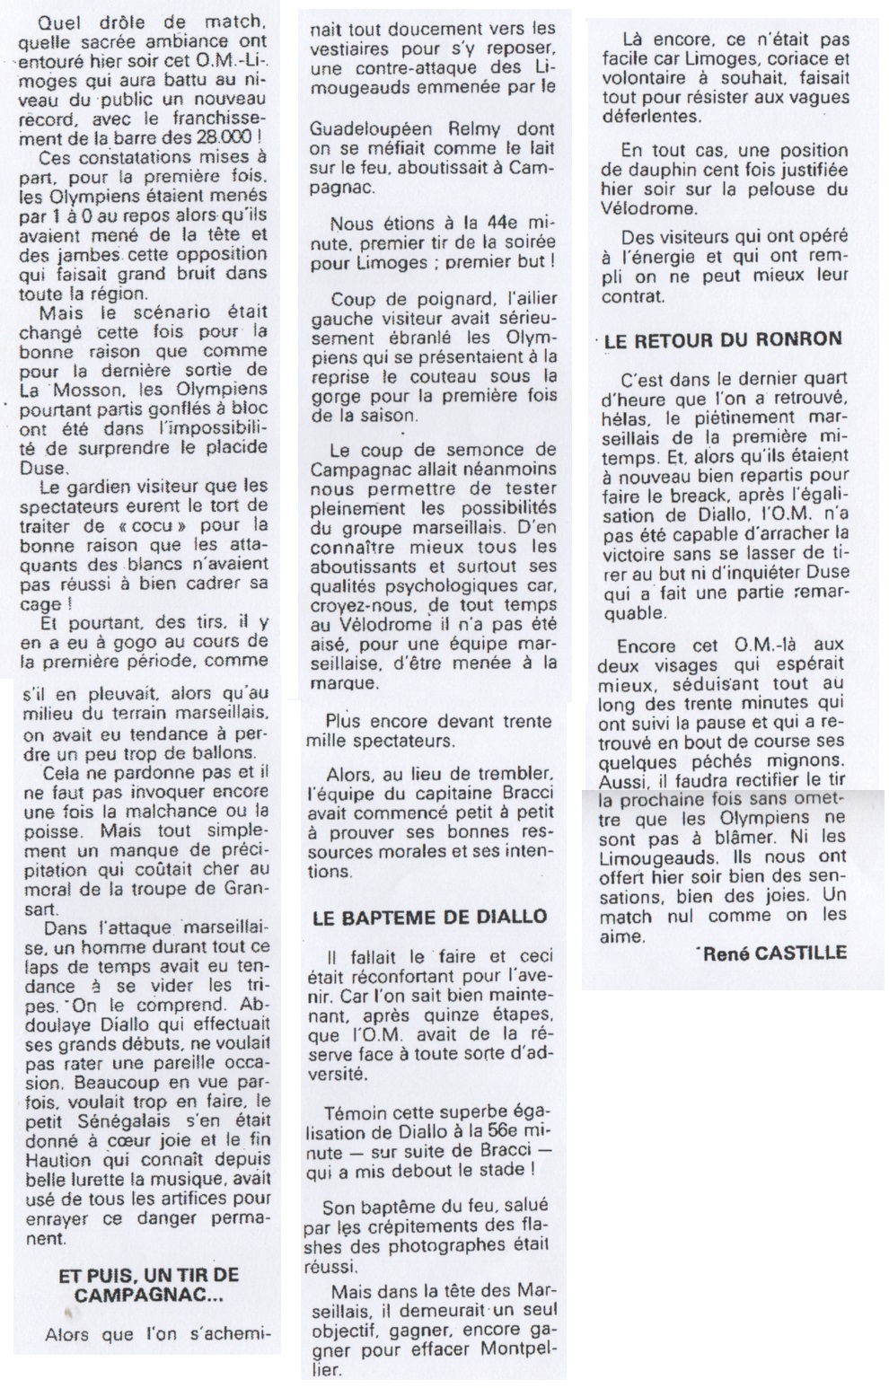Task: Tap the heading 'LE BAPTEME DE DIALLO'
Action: click(429, 917)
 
